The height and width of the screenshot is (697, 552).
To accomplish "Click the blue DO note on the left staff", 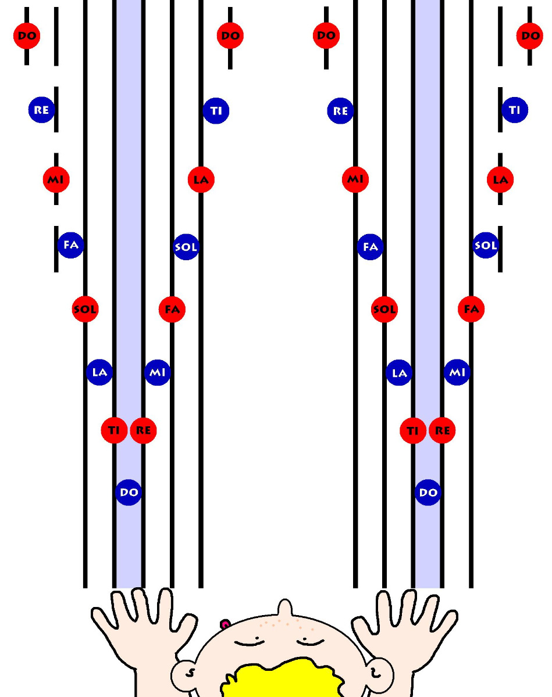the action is pos(129,493).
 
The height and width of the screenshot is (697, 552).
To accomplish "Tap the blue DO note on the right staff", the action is pos(428,493).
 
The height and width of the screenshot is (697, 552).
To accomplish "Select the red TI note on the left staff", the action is pos(114,430).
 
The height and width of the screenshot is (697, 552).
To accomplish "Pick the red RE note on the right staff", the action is pos(442,430).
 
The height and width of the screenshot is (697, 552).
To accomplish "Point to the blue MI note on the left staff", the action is pos(157,372).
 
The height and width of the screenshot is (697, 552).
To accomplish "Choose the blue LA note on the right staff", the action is pos(399,372).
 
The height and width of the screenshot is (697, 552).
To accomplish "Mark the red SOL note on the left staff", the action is pos(85,309).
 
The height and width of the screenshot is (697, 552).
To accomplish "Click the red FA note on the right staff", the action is pos(471,309).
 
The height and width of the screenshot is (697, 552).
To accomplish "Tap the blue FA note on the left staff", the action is pos(71,245).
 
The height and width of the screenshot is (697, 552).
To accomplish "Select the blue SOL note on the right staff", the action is pos(486,245).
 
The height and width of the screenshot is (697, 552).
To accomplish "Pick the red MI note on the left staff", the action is pos(56,179).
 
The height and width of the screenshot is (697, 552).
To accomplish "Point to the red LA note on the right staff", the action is pos(500,179).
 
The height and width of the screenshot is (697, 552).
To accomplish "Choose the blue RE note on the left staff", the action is pos(41,110).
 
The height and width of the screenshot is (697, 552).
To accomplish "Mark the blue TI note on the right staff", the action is pos(515,110).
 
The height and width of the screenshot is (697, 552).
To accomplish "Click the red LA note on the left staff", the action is pos(201,179).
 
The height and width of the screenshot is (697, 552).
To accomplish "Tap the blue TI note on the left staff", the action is pos(216,111).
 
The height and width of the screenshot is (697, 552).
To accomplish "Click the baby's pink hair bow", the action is pos(225,624).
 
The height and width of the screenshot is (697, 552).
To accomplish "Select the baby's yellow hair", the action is pos(282,678).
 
